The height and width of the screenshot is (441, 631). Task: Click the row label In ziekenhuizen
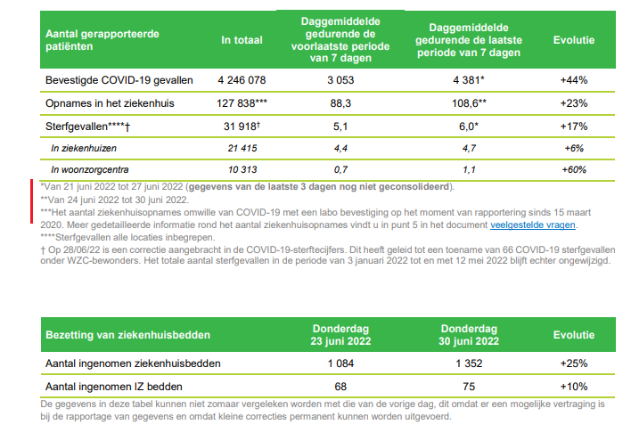point(85,147)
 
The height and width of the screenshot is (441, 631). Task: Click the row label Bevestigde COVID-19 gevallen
point(119,80)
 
